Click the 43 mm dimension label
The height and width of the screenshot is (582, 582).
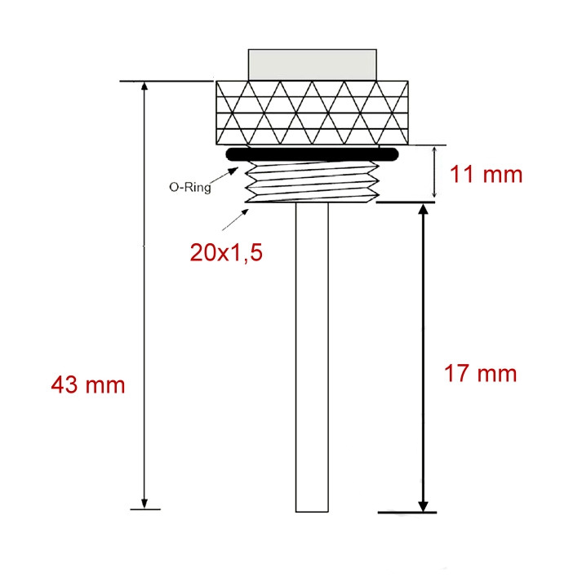point(88,385)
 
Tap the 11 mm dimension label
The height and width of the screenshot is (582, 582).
point(486,174)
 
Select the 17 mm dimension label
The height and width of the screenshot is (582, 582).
point(480,373)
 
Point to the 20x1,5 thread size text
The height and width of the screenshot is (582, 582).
point(226,254)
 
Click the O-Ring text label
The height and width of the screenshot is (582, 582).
point(190,187)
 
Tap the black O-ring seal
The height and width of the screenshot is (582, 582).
point(312,154)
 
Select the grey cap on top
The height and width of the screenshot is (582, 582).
point(312,64)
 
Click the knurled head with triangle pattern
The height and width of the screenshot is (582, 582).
point(312,113)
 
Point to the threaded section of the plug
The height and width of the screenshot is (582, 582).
point(312,182)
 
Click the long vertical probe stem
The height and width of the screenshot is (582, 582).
point(312,358)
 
